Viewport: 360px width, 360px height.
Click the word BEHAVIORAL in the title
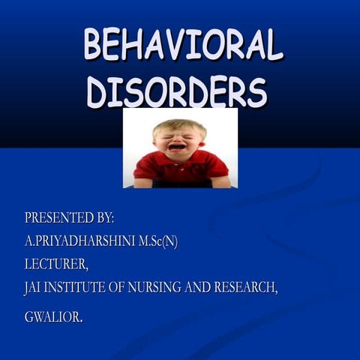coord(183,45)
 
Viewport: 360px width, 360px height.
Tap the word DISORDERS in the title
coord(177,91)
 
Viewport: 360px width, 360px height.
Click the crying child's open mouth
coord(176,147)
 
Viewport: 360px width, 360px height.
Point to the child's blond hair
coord(178,125)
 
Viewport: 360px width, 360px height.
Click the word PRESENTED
coord(58,218)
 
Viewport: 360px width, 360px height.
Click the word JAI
coord(34,287)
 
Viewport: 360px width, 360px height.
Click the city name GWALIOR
coord(52,316)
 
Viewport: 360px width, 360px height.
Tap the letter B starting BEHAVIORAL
coord(94,45)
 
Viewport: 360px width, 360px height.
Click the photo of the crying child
coord(180,148)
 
